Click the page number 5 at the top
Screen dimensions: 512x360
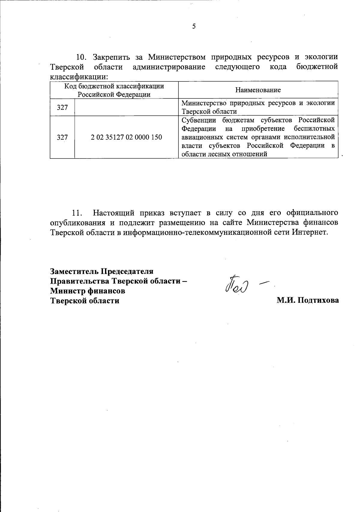(x=194, y=26)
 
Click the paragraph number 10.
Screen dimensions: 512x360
(x=81, y=57)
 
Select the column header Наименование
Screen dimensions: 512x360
(x=258, y=90)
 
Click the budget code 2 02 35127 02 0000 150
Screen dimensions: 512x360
(x=126, y=137)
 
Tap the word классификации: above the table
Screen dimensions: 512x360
(x=79, y=77)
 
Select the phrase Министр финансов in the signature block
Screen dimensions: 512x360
(x=88, y=291)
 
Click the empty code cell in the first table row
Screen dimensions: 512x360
(x=126, y=107)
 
